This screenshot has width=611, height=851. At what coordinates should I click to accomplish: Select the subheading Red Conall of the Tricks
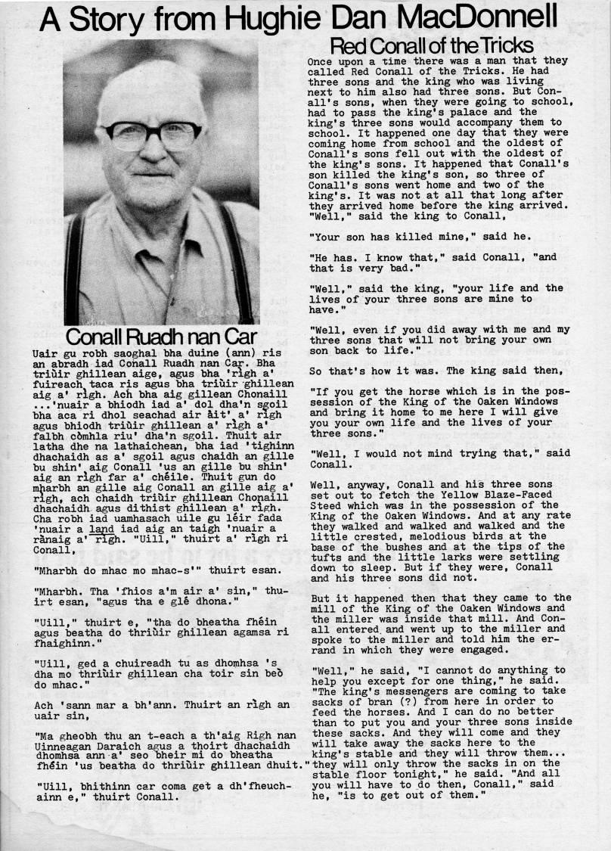[x=431, y=45]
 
